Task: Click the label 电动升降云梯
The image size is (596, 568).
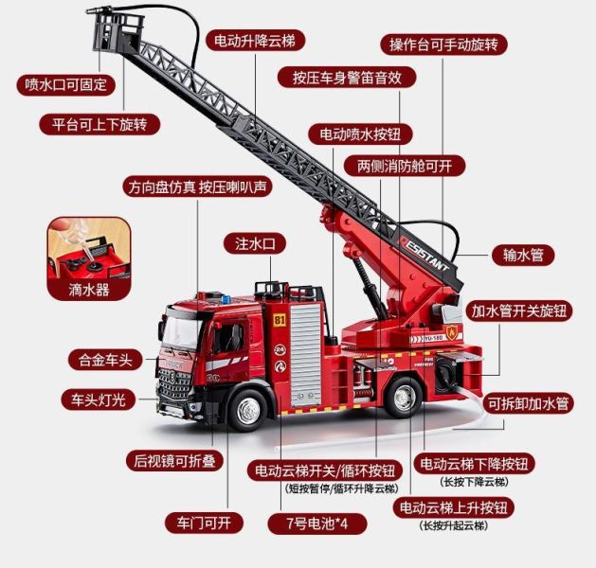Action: [x=256, y=41]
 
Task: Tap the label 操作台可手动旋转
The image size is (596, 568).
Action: [x=444, y=44]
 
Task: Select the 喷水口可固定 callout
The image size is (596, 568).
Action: [x=65, y=84]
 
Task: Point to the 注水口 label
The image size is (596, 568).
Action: [x=255, y=243]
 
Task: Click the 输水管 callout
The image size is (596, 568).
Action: [x=523, y=255]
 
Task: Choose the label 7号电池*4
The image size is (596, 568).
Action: [x=317, y=524]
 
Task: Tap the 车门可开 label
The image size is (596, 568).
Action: [x=204, y=523]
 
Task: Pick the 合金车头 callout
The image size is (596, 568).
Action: [x=105, y=360]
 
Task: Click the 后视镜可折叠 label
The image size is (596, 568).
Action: [x=175, y=460]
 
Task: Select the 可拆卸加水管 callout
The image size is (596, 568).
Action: [x=529, y=403]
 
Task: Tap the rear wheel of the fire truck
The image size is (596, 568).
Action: [x=404, y=398]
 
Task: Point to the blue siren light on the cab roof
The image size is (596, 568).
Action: [x=226, y=299]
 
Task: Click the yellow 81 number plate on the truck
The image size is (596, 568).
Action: [x=280, y=320]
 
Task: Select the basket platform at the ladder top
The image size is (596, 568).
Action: [x=117, y=31]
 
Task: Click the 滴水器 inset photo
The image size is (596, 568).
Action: [x=89, y=258]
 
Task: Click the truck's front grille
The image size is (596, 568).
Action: [x=174, y=384]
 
